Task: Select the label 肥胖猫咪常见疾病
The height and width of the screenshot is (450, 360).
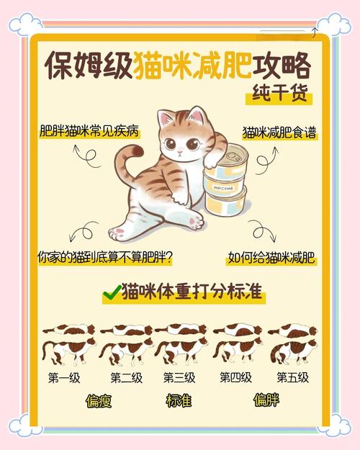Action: [x=89, y=132]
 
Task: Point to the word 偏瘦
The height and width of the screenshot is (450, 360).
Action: [x=99, y=401]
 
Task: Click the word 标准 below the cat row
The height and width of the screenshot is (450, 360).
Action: [x=179, y=401]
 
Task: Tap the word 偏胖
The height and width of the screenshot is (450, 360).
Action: [x=265, y=401]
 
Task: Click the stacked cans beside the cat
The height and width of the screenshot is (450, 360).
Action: [x=225, y=183]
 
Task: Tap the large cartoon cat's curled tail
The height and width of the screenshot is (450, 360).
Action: [x=128, y=162]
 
